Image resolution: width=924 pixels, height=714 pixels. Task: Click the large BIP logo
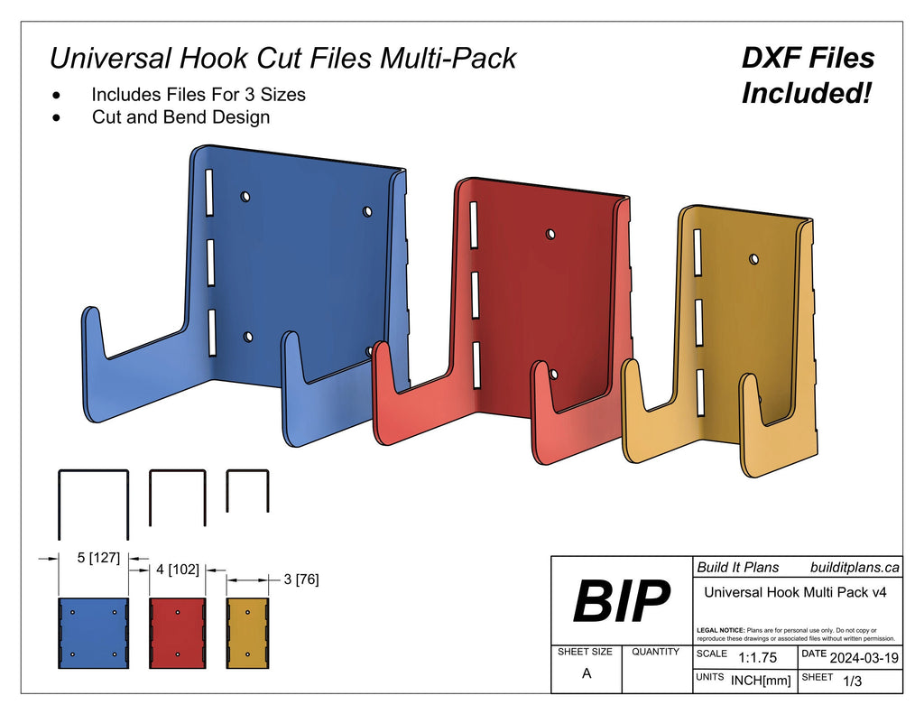coord(621,602)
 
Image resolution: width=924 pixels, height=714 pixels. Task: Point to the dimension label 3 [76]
coord(300,579)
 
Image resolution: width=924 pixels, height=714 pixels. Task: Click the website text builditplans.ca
coord(854,567)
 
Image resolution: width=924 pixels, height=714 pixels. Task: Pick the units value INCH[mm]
coord(761,681)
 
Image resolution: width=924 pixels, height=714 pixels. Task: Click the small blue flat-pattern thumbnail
coord(94,632)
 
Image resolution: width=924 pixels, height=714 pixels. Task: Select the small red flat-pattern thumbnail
coord(178,632)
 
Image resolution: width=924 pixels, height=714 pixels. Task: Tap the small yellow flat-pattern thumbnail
coord(248,632)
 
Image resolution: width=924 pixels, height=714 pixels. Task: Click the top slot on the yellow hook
coord(698,252)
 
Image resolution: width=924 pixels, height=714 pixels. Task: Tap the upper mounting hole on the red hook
coord(550,234)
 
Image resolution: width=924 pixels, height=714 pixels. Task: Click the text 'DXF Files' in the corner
coord(808,58)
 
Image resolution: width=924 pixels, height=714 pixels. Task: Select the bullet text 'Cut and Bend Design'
coord(180,116)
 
